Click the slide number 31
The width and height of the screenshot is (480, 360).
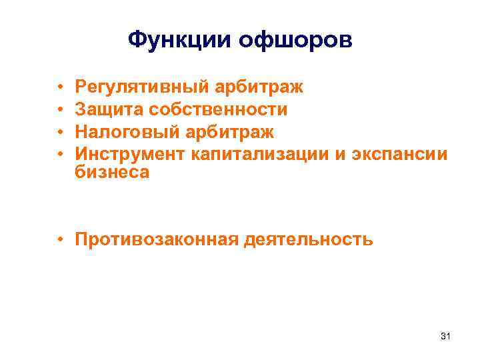[445, 338]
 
